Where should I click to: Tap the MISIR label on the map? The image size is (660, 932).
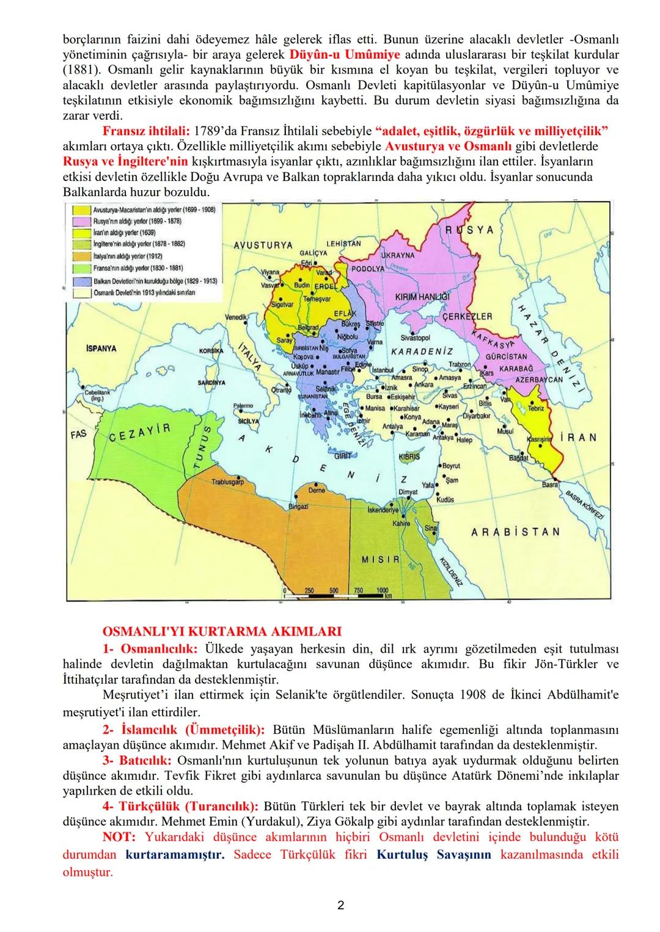click(381, 559)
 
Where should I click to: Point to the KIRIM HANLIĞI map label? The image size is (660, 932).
click(423, 296)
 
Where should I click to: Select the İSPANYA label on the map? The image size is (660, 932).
click(101, 348)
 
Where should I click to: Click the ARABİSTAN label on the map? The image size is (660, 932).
click(515, 532)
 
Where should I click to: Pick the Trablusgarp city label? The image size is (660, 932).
click(227, 482)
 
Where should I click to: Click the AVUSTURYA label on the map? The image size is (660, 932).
click(263, 245)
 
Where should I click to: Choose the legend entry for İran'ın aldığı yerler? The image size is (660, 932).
click(124, 232)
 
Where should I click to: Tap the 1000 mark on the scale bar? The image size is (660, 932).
click(383, 591)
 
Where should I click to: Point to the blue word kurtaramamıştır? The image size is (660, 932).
click(175, 854)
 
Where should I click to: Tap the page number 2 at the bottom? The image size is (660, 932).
click(340, 905)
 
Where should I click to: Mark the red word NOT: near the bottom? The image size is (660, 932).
click(120, 837)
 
